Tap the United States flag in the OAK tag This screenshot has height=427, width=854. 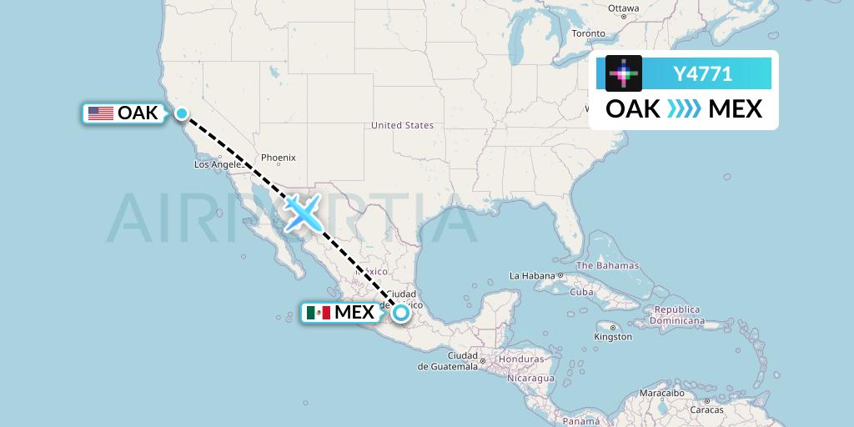101,113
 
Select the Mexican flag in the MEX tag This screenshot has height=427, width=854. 318,313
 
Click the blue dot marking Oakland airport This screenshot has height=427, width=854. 181,113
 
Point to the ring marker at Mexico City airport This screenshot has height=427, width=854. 401,313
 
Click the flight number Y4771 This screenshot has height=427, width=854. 702,74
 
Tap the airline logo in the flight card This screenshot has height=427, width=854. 624,73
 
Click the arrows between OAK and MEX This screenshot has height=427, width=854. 684,109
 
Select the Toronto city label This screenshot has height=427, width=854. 588,34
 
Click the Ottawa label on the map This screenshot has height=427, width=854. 623,9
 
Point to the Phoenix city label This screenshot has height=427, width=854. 278,158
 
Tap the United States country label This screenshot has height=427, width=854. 402,125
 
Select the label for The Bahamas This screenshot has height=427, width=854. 607,266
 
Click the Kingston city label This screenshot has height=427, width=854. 613,337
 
